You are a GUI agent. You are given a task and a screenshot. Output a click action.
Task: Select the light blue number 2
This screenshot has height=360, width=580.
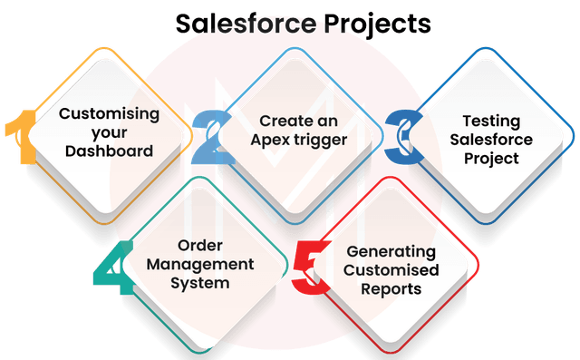(210, 138)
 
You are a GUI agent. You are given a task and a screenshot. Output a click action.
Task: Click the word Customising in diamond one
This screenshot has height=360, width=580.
(109, 113)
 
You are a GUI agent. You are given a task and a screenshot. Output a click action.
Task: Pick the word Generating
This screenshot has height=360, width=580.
(391, 251)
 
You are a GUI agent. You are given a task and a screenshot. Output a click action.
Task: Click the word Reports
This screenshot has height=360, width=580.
(390, 289)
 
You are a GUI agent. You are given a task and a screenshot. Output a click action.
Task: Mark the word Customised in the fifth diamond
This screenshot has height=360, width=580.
(390, 270)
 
